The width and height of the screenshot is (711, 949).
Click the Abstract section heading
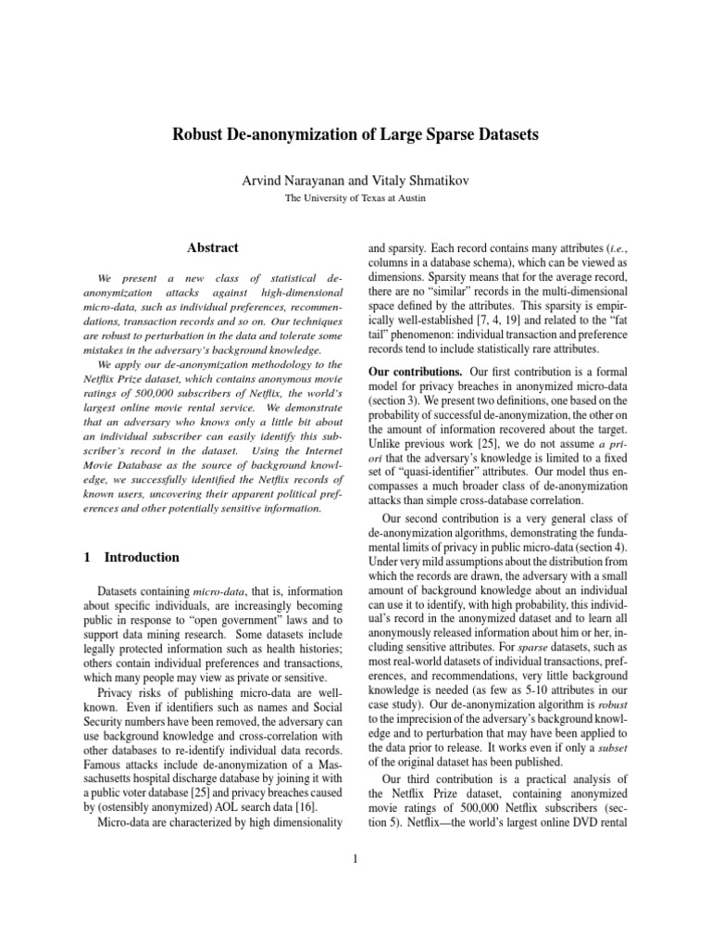pyautogui.click(x=213, y=247)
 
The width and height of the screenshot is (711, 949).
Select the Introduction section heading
pyautogui.click(x=142, y=558)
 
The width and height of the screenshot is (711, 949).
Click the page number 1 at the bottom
pyautogui.click(x=355, y=857)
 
